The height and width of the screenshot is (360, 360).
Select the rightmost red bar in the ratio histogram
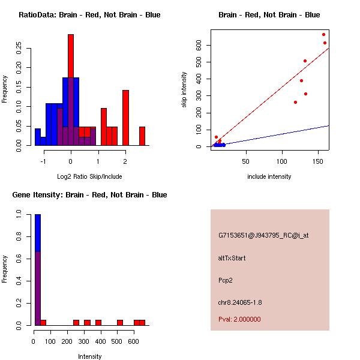(x=142, y=136)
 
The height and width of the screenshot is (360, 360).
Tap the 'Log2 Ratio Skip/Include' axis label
(x=89, y=176)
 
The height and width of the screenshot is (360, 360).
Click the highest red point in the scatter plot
(x=323, y=34)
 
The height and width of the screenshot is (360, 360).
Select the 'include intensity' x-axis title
(x=269, y=176)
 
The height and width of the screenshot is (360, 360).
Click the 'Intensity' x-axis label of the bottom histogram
(x=89, y=356)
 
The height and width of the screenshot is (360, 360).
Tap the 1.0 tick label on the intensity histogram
(x=19, y=214)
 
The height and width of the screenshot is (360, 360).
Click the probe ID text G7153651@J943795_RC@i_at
(x=263, y=236)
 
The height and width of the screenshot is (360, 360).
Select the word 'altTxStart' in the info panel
(x=232, y=258)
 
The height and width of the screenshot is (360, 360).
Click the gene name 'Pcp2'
(x=226, y=280)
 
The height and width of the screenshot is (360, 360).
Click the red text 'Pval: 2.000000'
(x=239, y=319)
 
